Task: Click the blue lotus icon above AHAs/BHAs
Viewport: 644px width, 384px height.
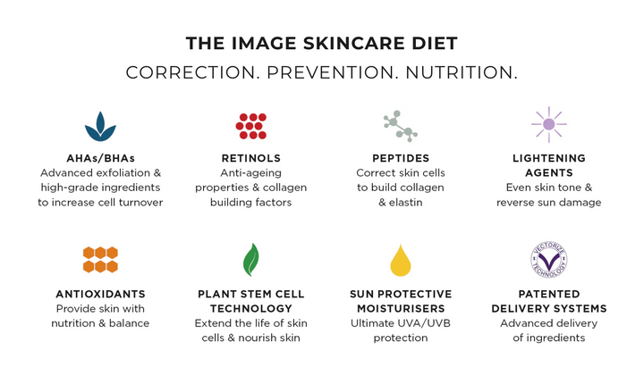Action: click(x=100, y=127)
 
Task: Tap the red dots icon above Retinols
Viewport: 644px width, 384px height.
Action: click(x=251, y=126)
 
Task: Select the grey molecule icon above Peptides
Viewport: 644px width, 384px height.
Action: click(x=401, y=126)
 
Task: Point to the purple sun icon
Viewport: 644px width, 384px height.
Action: click(x=548, y=124)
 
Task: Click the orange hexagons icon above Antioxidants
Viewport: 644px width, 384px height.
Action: click(x=100, y=260)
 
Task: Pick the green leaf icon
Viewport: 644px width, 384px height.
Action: click(x=251, y=260)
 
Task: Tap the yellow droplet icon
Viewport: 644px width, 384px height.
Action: click(x=401, y=260)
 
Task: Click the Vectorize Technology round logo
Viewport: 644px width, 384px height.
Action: click(x=548, y=260)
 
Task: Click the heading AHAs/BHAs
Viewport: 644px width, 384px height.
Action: click(x=100, y=158)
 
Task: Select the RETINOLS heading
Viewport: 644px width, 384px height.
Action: click(x=251, y=158)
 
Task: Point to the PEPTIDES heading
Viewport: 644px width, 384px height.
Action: click(x=401, y=158)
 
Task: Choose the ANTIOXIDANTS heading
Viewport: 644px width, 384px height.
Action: click(x=100, y=294)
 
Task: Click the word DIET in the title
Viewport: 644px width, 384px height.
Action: click(x=435, y=44)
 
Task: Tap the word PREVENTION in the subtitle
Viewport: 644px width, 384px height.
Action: click(x=330, y=72)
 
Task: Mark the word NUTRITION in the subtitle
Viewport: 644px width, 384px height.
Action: click(x=458, y=72)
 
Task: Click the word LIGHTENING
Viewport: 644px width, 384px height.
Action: click(x=549, y=158)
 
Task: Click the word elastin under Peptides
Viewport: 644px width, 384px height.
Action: click(x=406, y=202)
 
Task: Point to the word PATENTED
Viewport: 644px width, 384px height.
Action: click(x=549, y=294)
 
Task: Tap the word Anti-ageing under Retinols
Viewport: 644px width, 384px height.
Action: click(x=251, y=173)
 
